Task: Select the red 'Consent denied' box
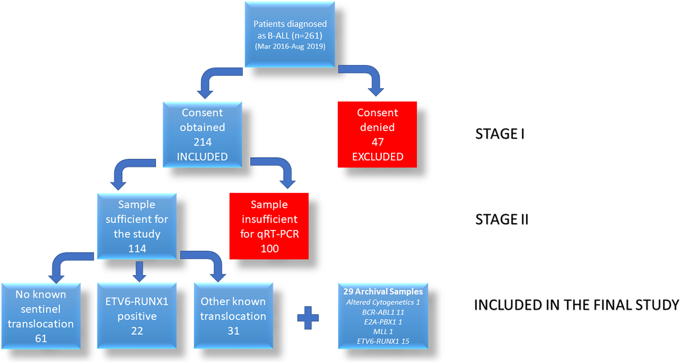point(377,134)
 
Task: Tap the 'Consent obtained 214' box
point(202,134)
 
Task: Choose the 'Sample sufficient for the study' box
point(136,226)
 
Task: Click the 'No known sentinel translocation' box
point(41,316)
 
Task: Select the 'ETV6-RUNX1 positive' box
point(136,316)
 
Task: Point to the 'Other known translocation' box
point(233,316)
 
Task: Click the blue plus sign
point(308,317)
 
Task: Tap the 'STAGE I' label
point(499,134)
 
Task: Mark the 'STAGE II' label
point(501,219)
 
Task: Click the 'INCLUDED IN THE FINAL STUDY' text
point(576,305)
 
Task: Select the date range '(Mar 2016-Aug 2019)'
point(290,47)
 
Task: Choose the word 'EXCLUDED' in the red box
point(377,156)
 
